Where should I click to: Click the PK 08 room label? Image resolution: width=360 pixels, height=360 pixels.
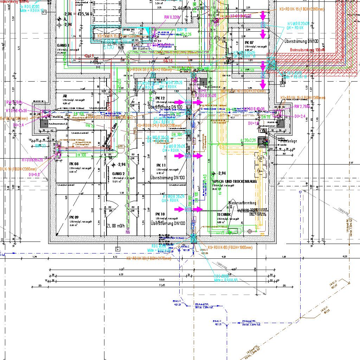point(74,164)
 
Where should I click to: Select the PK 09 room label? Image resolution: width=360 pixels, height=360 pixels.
point(74,217)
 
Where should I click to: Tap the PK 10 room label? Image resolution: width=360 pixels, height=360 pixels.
point(160,214)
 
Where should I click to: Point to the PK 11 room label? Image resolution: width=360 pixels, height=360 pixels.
point(161,165)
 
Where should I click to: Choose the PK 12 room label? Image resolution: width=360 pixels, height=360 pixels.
point(160,98)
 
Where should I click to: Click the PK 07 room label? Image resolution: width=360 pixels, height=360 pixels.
point(249,42)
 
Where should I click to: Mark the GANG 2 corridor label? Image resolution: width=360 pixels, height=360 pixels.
point(118,174)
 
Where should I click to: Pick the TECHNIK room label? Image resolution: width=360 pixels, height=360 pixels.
point(224,214)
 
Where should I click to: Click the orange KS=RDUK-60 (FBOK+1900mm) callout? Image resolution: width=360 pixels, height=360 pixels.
point(230,247)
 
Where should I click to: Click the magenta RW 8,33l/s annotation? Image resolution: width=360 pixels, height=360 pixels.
point(172,17)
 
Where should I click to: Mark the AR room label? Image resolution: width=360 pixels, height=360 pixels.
point(65,96)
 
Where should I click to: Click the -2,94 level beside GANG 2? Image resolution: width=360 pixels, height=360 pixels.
point(122,165)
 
